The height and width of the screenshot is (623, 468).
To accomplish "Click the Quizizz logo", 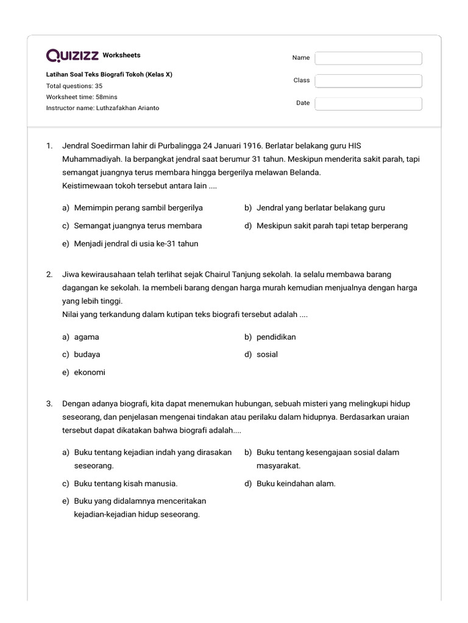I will pos(73,56).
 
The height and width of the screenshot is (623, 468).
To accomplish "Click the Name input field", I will pos(368,58).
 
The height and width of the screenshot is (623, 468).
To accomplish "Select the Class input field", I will pos(368,80).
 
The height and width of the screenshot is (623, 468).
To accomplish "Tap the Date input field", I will pos(368,103).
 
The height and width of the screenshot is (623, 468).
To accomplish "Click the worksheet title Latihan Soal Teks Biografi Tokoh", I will pos(109,74).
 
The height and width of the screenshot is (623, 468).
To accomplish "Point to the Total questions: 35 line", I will pos(74,86).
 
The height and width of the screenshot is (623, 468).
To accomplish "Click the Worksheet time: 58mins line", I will pos(82,97).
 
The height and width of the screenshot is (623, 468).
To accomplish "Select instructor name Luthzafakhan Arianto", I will pos(103,108).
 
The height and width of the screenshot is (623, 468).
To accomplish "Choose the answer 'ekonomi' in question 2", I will pos(90,372).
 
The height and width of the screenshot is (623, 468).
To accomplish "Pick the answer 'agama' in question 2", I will pos(87,337).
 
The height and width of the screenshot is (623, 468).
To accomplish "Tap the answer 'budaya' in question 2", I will pos(87,354).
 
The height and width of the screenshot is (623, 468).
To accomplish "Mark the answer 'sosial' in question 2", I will pos(267,354).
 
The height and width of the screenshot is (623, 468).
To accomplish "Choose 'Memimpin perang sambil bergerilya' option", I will pos(138,208).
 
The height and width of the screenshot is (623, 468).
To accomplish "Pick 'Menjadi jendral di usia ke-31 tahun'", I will pos(136,243).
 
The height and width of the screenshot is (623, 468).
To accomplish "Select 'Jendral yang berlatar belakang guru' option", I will pos(321,208).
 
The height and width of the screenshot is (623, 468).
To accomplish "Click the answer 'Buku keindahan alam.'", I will pos(296,484).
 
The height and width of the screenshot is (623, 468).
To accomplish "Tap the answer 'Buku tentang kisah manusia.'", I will pos(126,484).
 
